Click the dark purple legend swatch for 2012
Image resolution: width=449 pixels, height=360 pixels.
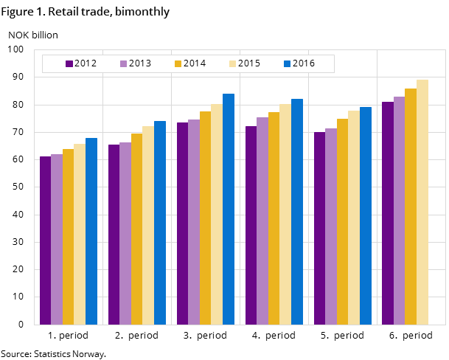pyautogui.click(x=69, y=63)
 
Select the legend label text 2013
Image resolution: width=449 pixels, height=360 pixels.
pyautogui.click(x=139, y=63)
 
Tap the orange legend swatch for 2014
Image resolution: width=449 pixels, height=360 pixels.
pyautogui.click(x=178, y=63)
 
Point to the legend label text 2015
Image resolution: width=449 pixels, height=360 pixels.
pyautogui.click(x=248, y=63)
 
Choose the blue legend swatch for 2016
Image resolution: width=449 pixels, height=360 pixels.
pyautogui.click(x=287, y=63)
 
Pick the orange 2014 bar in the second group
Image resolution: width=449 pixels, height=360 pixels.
pyautogui.click(x=136, y=229)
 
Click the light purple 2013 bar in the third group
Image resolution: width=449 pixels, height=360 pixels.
pyautogui.click(x=194, y=221)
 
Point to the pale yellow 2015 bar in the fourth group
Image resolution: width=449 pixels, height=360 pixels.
pyautogui.click(x=285, y=214)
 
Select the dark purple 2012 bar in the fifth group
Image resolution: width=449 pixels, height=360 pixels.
pyautogui.click(x=319, y=228)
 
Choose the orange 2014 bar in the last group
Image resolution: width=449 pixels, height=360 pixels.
pyautogui.click(x=411, y=206)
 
